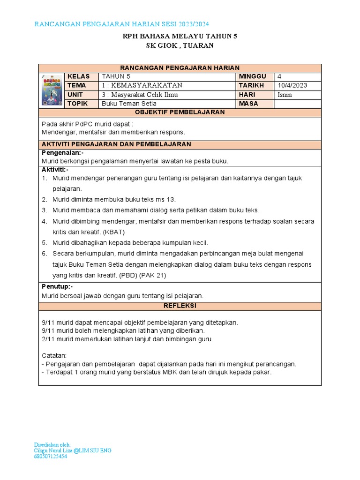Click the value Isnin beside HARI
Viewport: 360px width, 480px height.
click(x=285, y=94)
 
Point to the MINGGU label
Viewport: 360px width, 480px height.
click(x=252, y=76)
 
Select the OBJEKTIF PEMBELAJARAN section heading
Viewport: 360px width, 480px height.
click(x=180, y=112)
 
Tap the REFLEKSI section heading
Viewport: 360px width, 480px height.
click(x=180, y=306)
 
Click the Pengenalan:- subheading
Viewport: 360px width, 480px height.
click(x=63, y=153)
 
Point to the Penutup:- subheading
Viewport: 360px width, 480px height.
click(x=58, y=287)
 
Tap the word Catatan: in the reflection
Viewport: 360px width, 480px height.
click(x=54, y=355)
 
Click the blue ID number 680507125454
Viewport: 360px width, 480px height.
click(x=51, y=456)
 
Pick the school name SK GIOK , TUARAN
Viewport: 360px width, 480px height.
click(x=180, y=45)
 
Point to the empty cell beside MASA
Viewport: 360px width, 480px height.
click(x=298, y=103)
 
